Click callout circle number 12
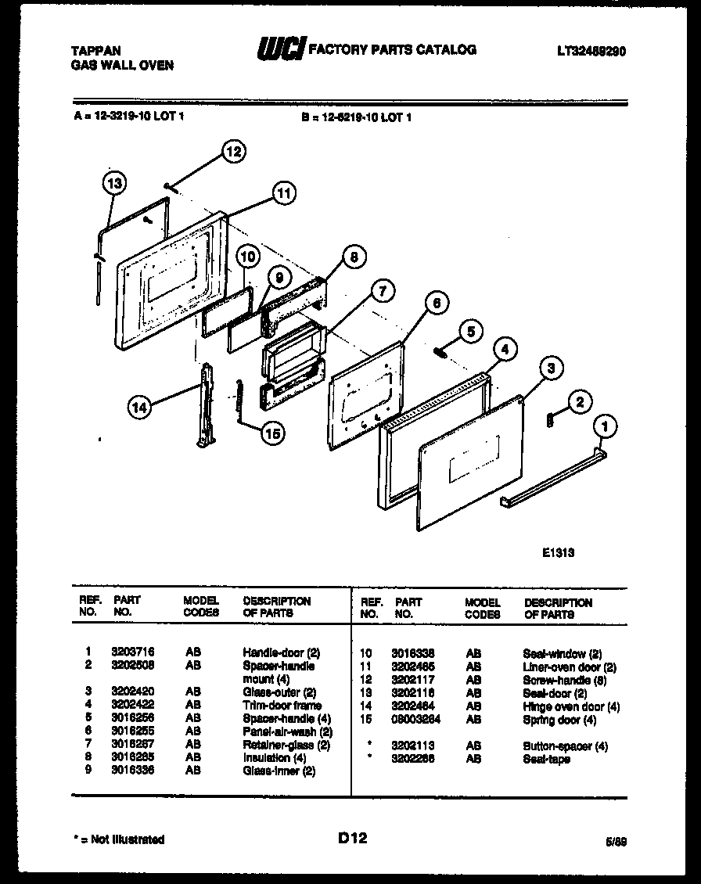tap(233, 152)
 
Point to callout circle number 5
tap(469, 331)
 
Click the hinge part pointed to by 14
tap(206, 407)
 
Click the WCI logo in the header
tap(282, 50)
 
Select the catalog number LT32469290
tap(591, 51)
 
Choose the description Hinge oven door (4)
tap(571, 706)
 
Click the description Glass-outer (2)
tap(279, 692)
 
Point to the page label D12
tap(352, 839)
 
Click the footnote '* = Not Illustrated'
tap(118, 839)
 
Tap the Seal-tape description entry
tap(546, 759)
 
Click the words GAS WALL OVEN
tap(122, 66)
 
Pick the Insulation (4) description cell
tap(274, 757)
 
